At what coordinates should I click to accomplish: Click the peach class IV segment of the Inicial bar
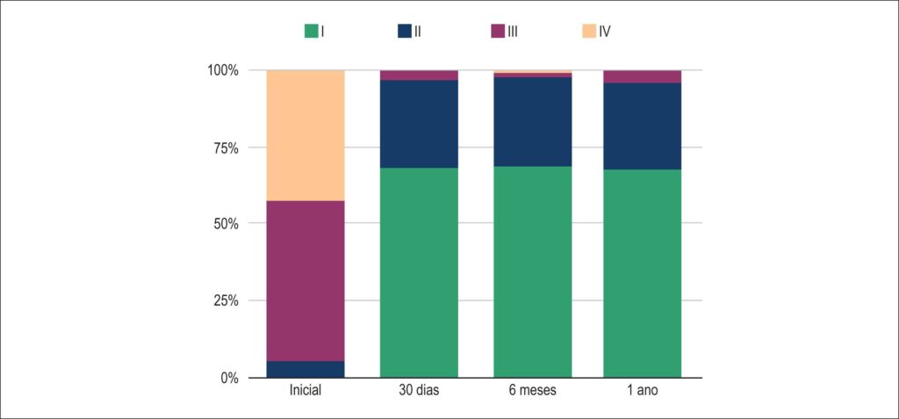point(306,135)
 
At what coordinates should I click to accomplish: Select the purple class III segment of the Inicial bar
point(306,281)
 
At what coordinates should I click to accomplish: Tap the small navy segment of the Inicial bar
point(306,369)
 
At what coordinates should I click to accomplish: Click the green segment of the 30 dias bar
point(419,272)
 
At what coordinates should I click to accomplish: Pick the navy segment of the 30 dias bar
point(419,124)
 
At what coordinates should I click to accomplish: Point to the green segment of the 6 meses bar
point(533,272)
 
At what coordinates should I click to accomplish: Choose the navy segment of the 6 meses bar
point(533,122)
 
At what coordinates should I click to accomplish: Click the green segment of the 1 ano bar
point(642,274)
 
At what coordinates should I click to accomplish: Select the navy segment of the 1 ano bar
point(642,126)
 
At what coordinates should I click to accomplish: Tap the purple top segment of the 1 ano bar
point(642,77)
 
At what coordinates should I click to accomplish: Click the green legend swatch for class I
point(311,32)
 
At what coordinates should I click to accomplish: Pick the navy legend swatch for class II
point(405,32)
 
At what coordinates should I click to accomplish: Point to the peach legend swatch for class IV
point(589,32)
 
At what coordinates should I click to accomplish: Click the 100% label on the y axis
point(222,70)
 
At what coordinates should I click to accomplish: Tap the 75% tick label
point(226,148)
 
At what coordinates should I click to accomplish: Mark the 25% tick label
point(226,300)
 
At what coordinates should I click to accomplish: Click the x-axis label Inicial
point(306,392)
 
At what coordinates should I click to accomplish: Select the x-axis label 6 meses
point(533,392)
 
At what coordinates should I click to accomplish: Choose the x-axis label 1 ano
point(642,392)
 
